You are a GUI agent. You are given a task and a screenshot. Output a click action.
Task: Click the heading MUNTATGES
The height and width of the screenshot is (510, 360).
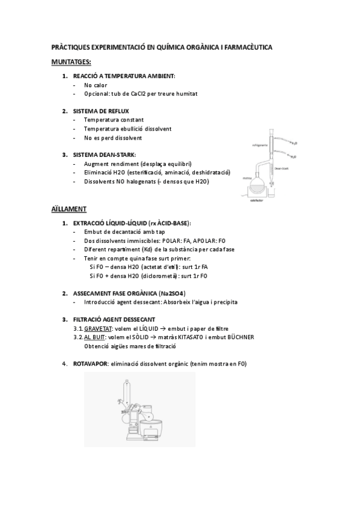click(x=72, y=62)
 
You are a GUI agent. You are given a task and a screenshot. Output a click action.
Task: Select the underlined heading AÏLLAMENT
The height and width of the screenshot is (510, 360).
click(x=69, y=209)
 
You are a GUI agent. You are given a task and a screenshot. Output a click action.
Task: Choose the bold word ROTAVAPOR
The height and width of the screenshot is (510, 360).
click(x=91, y=364)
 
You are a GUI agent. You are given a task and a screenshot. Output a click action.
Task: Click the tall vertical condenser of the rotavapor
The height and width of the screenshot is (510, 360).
click(x=127, y=394)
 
